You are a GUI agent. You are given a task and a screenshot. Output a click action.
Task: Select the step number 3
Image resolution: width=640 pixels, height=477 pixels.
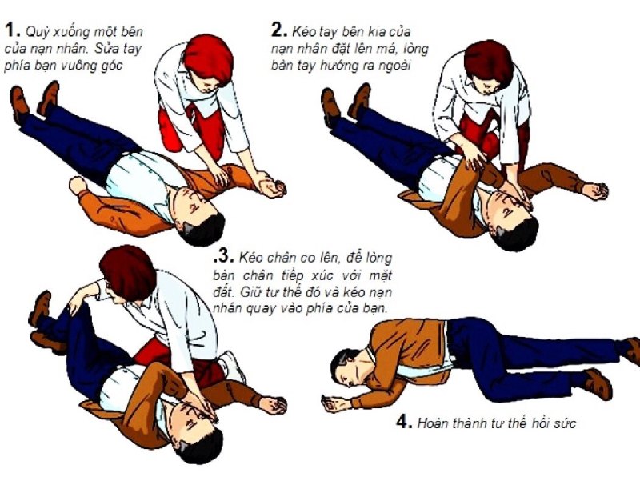(224, 259)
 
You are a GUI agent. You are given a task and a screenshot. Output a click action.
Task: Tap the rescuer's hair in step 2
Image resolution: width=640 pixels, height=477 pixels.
(488, 61)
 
